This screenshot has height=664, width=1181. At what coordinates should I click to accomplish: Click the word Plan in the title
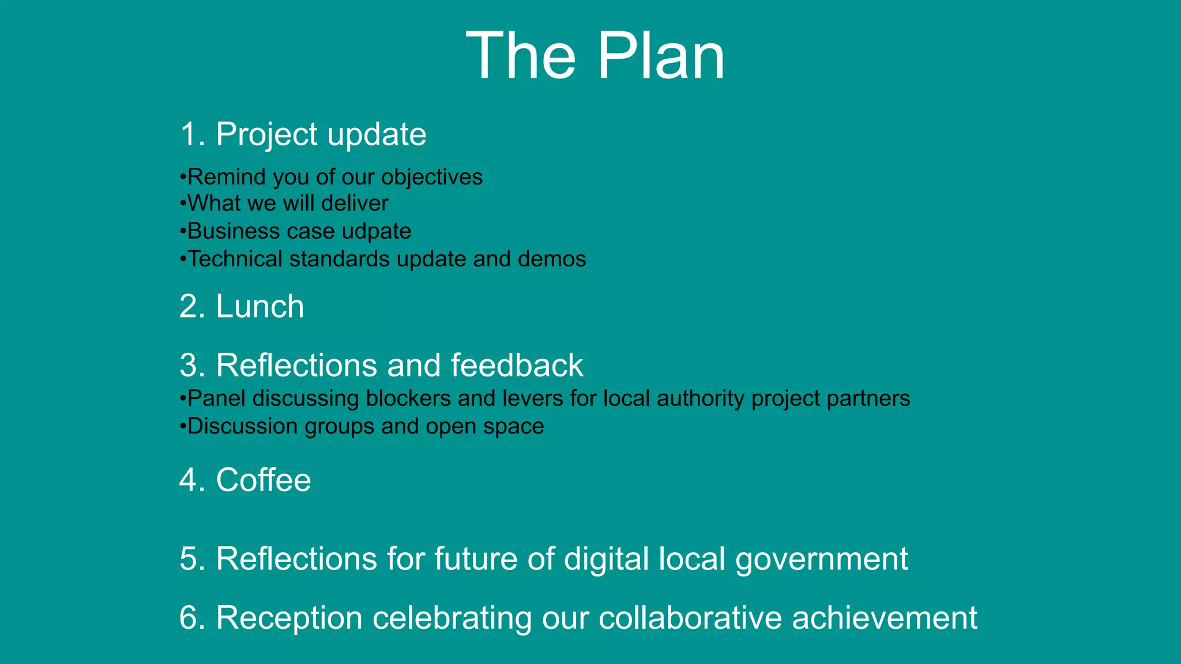point(661,56)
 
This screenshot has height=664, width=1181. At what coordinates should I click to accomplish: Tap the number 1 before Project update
point(189,134)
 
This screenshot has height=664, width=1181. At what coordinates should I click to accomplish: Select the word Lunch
point(259,306)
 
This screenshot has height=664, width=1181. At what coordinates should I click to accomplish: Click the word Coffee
point(264,480)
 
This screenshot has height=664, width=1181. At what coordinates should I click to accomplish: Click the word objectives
point(432,177)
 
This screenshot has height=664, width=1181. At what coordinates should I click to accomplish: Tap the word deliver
point(355,203)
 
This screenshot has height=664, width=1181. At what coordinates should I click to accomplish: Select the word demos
point(552,259)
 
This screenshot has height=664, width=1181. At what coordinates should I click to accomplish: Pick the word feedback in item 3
point(517,365)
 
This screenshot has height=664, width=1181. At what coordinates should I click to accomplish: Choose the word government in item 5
point(822,559)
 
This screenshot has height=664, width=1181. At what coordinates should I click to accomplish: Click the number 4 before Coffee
point(189,480)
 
